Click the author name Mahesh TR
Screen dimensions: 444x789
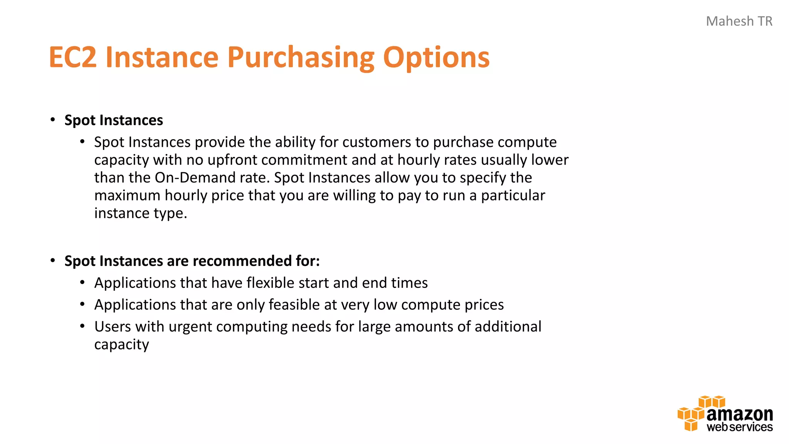739,21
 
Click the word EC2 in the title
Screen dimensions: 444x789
72,57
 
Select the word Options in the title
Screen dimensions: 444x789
436,57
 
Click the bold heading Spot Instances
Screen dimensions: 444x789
114,120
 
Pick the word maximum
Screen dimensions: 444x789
127,195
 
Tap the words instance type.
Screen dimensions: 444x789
141,213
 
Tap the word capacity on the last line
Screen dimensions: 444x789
121,345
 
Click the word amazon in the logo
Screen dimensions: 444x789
739,414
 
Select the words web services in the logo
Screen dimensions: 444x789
739,427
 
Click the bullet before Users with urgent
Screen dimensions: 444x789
82,326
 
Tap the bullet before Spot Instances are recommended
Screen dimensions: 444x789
53,261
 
